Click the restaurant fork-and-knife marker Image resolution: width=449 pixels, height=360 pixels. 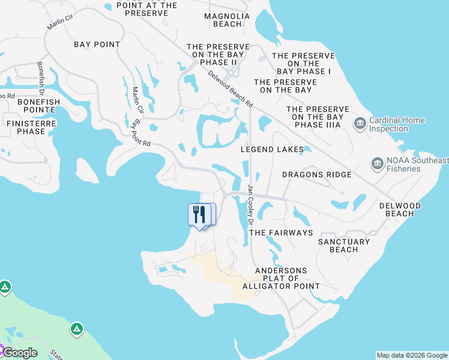coord(199,214)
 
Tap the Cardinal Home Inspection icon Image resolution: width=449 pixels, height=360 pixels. coord(360,124)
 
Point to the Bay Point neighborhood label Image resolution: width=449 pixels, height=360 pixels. coord(97,44)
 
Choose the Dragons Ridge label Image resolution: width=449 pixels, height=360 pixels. coord(317,175)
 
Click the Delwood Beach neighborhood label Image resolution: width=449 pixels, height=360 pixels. coord(400,209)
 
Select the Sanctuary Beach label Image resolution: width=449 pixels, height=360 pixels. coord(344,245)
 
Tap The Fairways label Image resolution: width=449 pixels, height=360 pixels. coord(281,232)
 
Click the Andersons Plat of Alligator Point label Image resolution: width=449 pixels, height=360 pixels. coord(281,278)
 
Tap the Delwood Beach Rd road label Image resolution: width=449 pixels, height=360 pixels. coord(231,89)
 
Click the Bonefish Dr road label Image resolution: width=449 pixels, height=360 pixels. coord(41,77)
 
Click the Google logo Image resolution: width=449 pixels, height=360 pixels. coord(20,352)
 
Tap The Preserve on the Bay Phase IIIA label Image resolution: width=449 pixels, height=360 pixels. coord(314,117)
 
